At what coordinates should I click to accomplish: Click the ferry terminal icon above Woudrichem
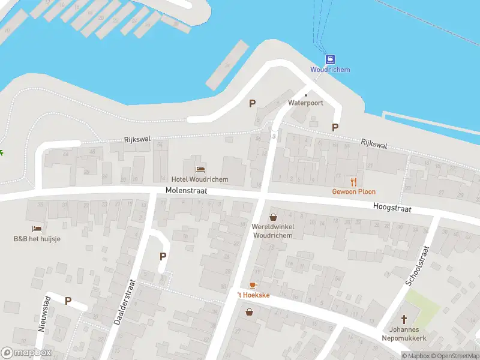tap(330, 59)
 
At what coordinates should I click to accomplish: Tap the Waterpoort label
tap(305, 103)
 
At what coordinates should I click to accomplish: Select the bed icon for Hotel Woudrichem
tap(199, 169)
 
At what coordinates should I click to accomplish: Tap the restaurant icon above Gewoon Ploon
tap(354, 181)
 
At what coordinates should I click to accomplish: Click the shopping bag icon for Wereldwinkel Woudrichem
tap(273, 217)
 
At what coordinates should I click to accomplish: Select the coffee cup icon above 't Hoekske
tap(253, 285)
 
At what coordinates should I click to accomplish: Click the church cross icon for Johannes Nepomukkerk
tap(404, 319)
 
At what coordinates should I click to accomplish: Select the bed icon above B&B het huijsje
tap(37, 229)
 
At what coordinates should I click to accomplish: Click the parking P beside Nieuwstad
tap(68, 301)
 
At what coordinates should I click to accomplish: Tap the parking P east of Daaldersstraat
tap(163, 256)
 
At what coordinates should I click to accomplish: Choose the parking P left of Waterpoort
tap(252, 103)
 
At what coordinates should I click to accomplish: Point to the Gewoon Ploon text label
tap(354, 192)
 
